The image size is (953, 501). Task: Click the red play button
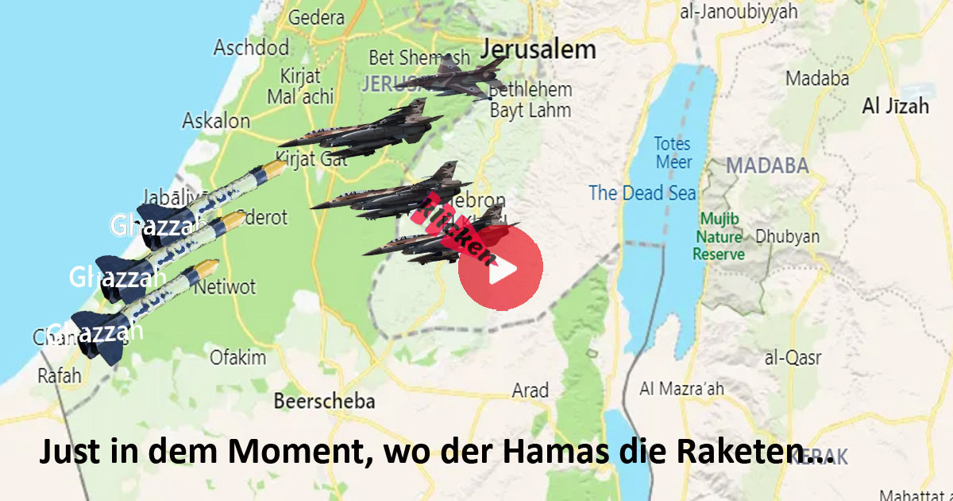pyautogui.click(x=500, y=268)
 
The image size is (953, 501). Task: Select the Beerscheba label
pyautogui.click(x=324, y=401)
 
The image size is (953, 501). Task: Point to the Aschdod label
pyautogui.click(x=251, y=48)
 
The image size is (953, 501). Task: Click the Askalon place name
pyautogui.click(x=216, y=122)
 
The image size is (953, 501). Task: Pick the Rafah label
pyautogui.click(x=60, y=375)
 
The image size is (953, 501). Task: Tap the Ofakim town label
pyautogui.click(x=237, y=358)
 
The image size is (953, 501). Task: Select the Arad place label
pyautogui.click(x=530, y=390)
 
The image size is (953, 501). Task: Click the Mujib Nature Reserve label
pyautogui.click(x=719, y=236)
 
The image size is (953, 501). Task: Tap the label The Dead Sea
pyautogui.click(x=642, y=192)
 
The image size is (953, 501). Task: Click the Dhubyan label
pyautogui.click(x=787, y=236)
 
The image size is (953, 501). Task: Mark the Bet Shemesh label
pyautogui.click(x=409, y=58)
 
